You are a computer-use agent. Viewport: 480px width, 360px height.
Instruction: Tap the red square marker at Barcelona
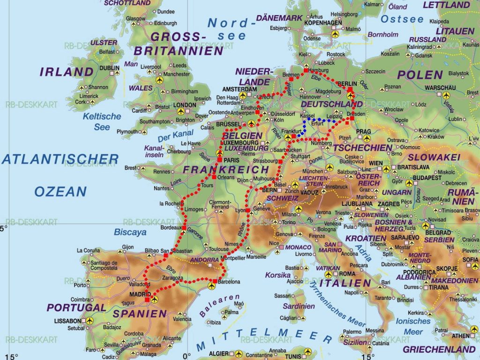click(214, 281)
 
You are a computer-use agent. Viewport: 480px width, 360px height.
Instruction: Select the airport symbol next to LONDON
click(180, 111)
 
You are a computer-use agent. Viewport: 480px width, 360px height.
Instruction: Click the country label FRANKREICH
click(226, 169)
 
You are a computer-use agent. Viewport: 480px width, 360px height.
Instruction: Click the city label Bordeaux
click(170, 227)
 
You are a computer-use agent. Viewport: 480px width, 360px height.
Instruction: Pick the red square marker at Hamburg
click(306, 70)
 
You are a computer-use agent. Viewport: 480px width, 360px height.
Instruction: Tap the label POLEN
click(420, 75)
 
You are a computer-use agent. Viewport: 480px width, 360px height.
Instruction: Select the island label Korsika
click(278, 275)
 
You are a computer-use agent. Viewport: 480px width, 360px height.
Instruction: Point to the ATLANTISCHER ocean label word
click(60, 159)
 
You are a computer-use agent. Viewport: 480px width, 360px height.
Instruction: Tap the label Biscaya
click(130, 232)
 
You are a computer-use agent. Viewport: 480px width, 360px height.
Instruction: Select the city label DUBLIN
click(109, 68)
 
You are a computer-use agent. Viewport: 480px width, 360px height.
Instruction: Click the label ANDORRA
click(205, 260)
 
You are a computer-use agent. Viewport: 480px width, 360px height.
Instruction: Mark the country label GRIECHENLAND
click(439, 349)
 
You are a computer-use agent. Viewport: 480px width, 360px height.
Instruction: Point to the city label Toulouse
click(219, 249)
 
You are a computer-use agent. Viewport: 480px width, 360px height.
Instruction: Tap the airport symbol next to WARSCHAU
click(441, 94)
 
